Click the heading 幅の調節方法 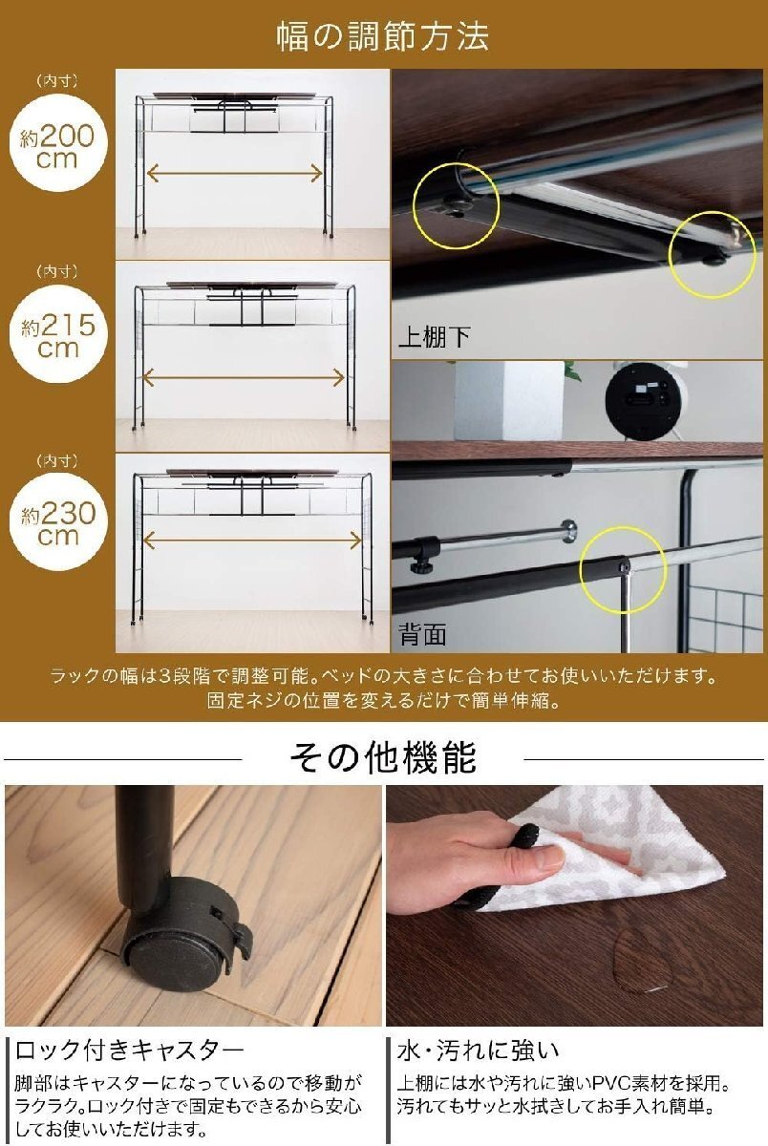[383, 36]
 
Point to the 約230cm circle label [58, 521]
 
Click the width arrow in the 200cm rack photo [235, 174]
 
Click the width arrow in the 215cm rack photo [244, 377]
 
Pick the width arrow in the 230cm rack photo [252, 540]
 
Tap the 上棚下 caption [434, 336]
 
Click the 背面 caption [422, 634]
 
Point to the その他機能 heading [383, 757]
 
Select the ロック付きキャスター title [130, 1050]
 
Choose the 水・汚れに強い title [478, 1050]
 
